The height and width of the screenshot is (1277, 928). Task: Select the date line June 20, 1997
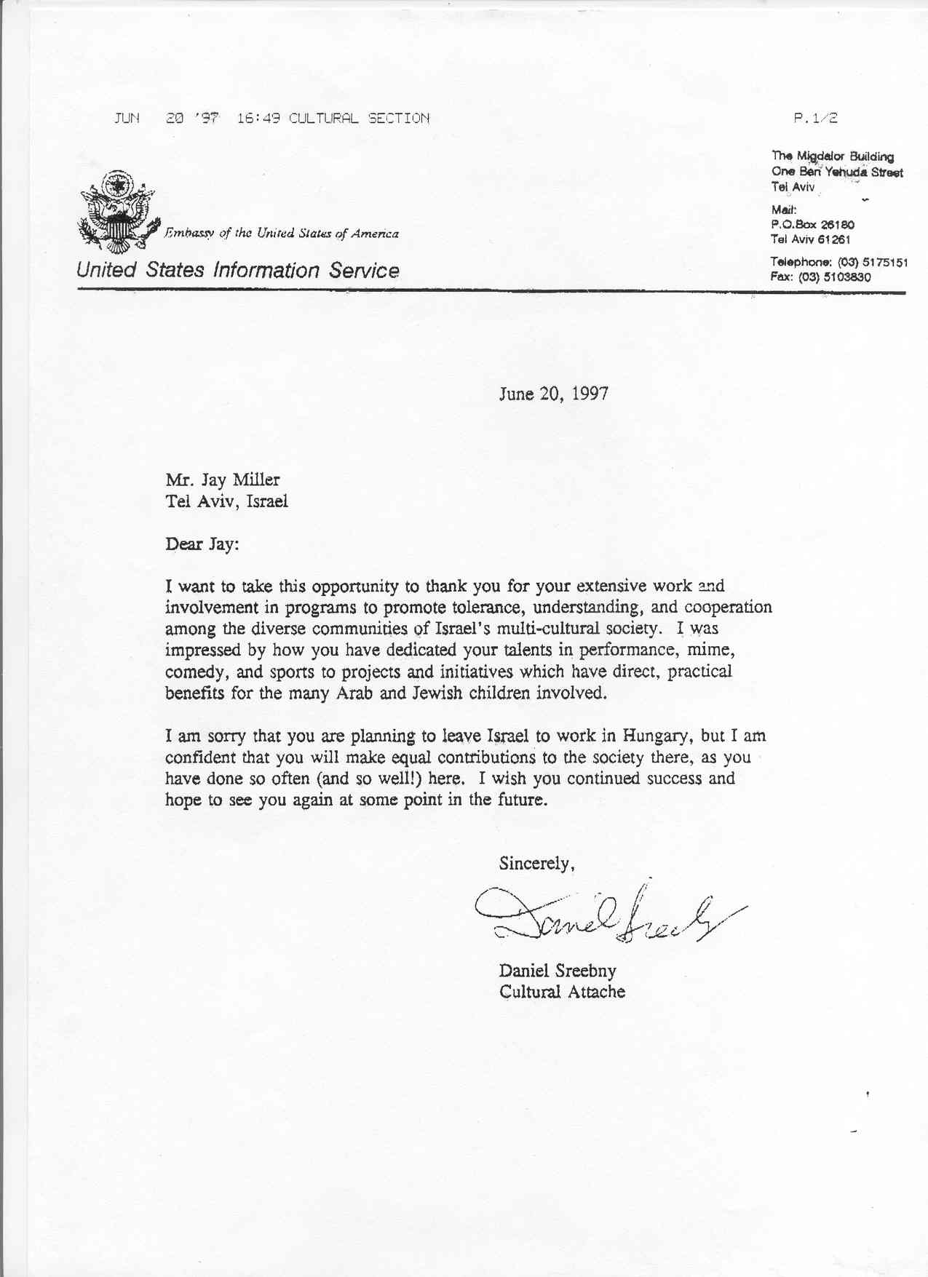[x=553, y=394]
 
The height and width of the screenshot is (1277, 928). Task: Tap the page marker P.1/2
[x=816, y=118]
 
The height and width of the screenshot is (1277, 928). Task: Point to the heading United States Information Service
[x=238, y=271]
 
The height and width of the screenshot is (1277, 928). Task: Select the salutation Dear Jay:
[x=202, y=544]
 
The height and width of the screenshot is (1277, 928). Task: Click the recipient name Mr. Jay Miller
[x=222, y=480]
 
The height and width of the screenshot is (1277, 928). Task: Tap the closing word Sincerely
[x=536, y=864]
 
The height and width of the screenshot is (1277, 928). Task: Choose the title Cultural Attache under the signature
[x=562, y=992]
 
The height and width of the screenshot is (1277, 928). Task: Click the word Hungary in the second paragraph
[x=654, y=736]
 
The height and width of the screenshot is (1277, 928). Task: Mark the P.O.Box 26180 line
[x=812, y=225]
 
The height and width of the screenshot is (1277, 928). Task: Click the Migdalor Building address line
[x=833, y=156]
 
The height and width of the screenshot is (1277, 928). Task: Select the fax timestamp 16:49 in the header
[x=258, y=118]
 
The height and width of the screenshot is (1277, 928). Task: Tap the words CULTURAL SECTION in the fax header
[x=359, y=118]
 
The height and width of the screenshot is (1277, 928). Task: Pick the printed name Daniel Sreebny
[x=558, y=971]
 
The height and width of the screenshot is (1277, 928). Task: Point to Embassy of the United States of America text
[x=282, y=234]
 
